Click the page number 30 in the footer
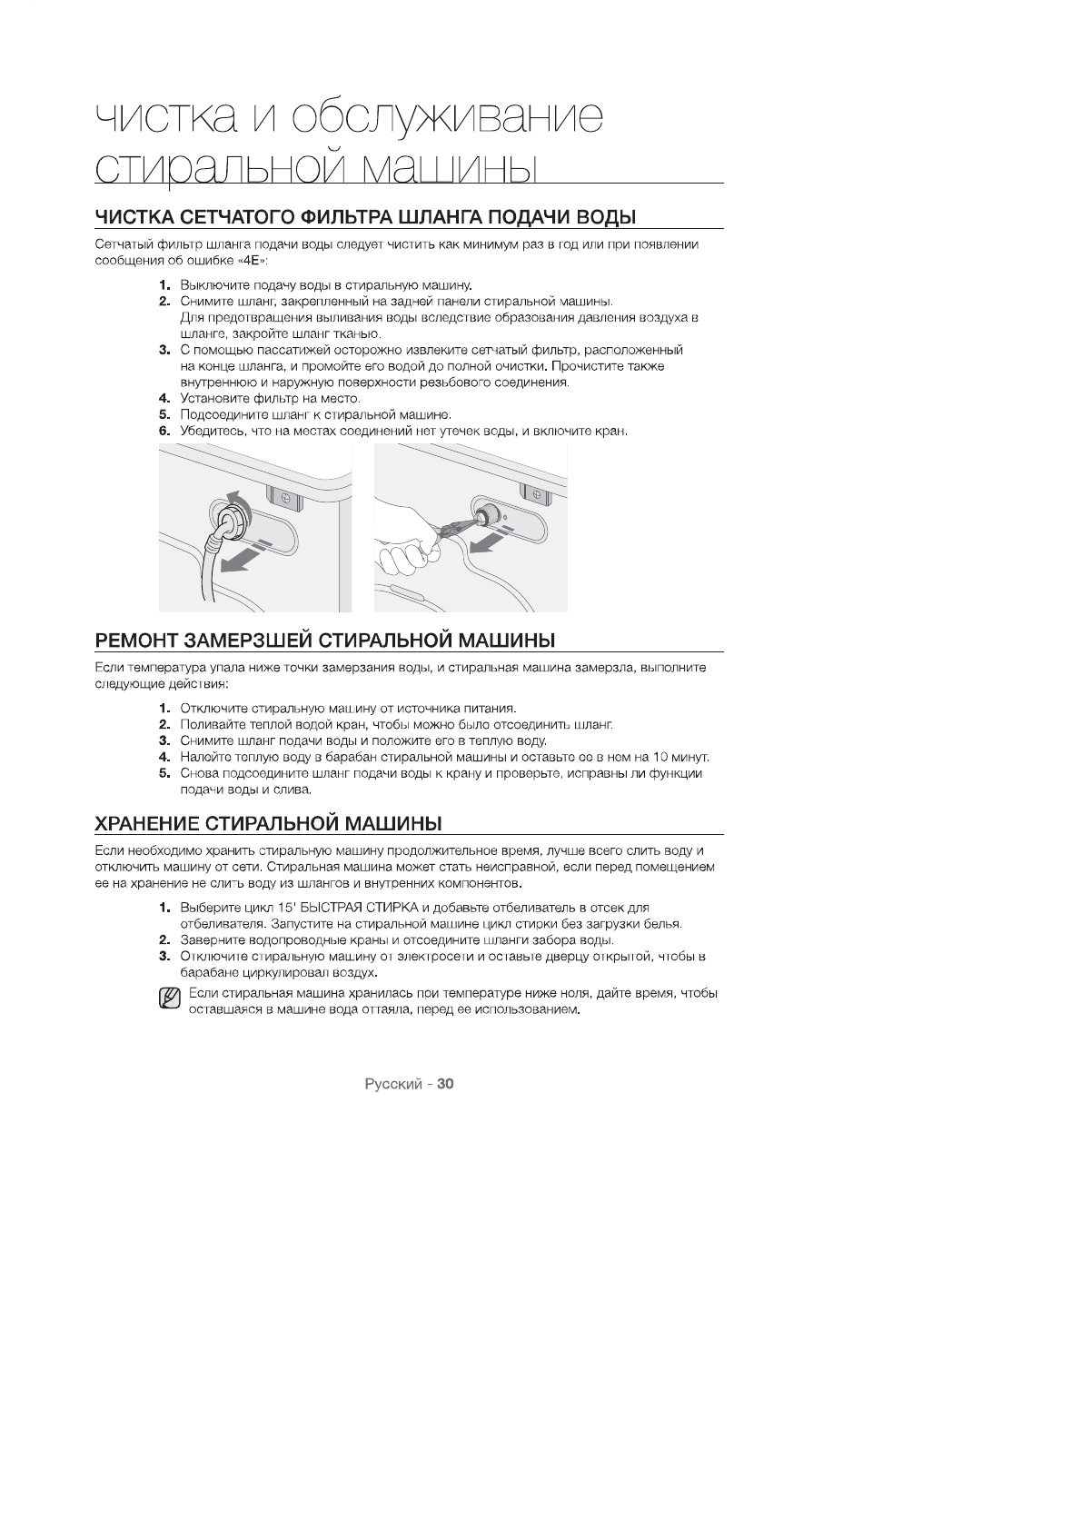(x=445, y=1084)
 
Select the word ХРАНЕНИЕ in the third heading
(x=147, y=823)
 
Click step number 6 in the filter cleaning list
(x=164, y=431)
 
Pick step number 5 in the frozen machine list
(x=164, y=773)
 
